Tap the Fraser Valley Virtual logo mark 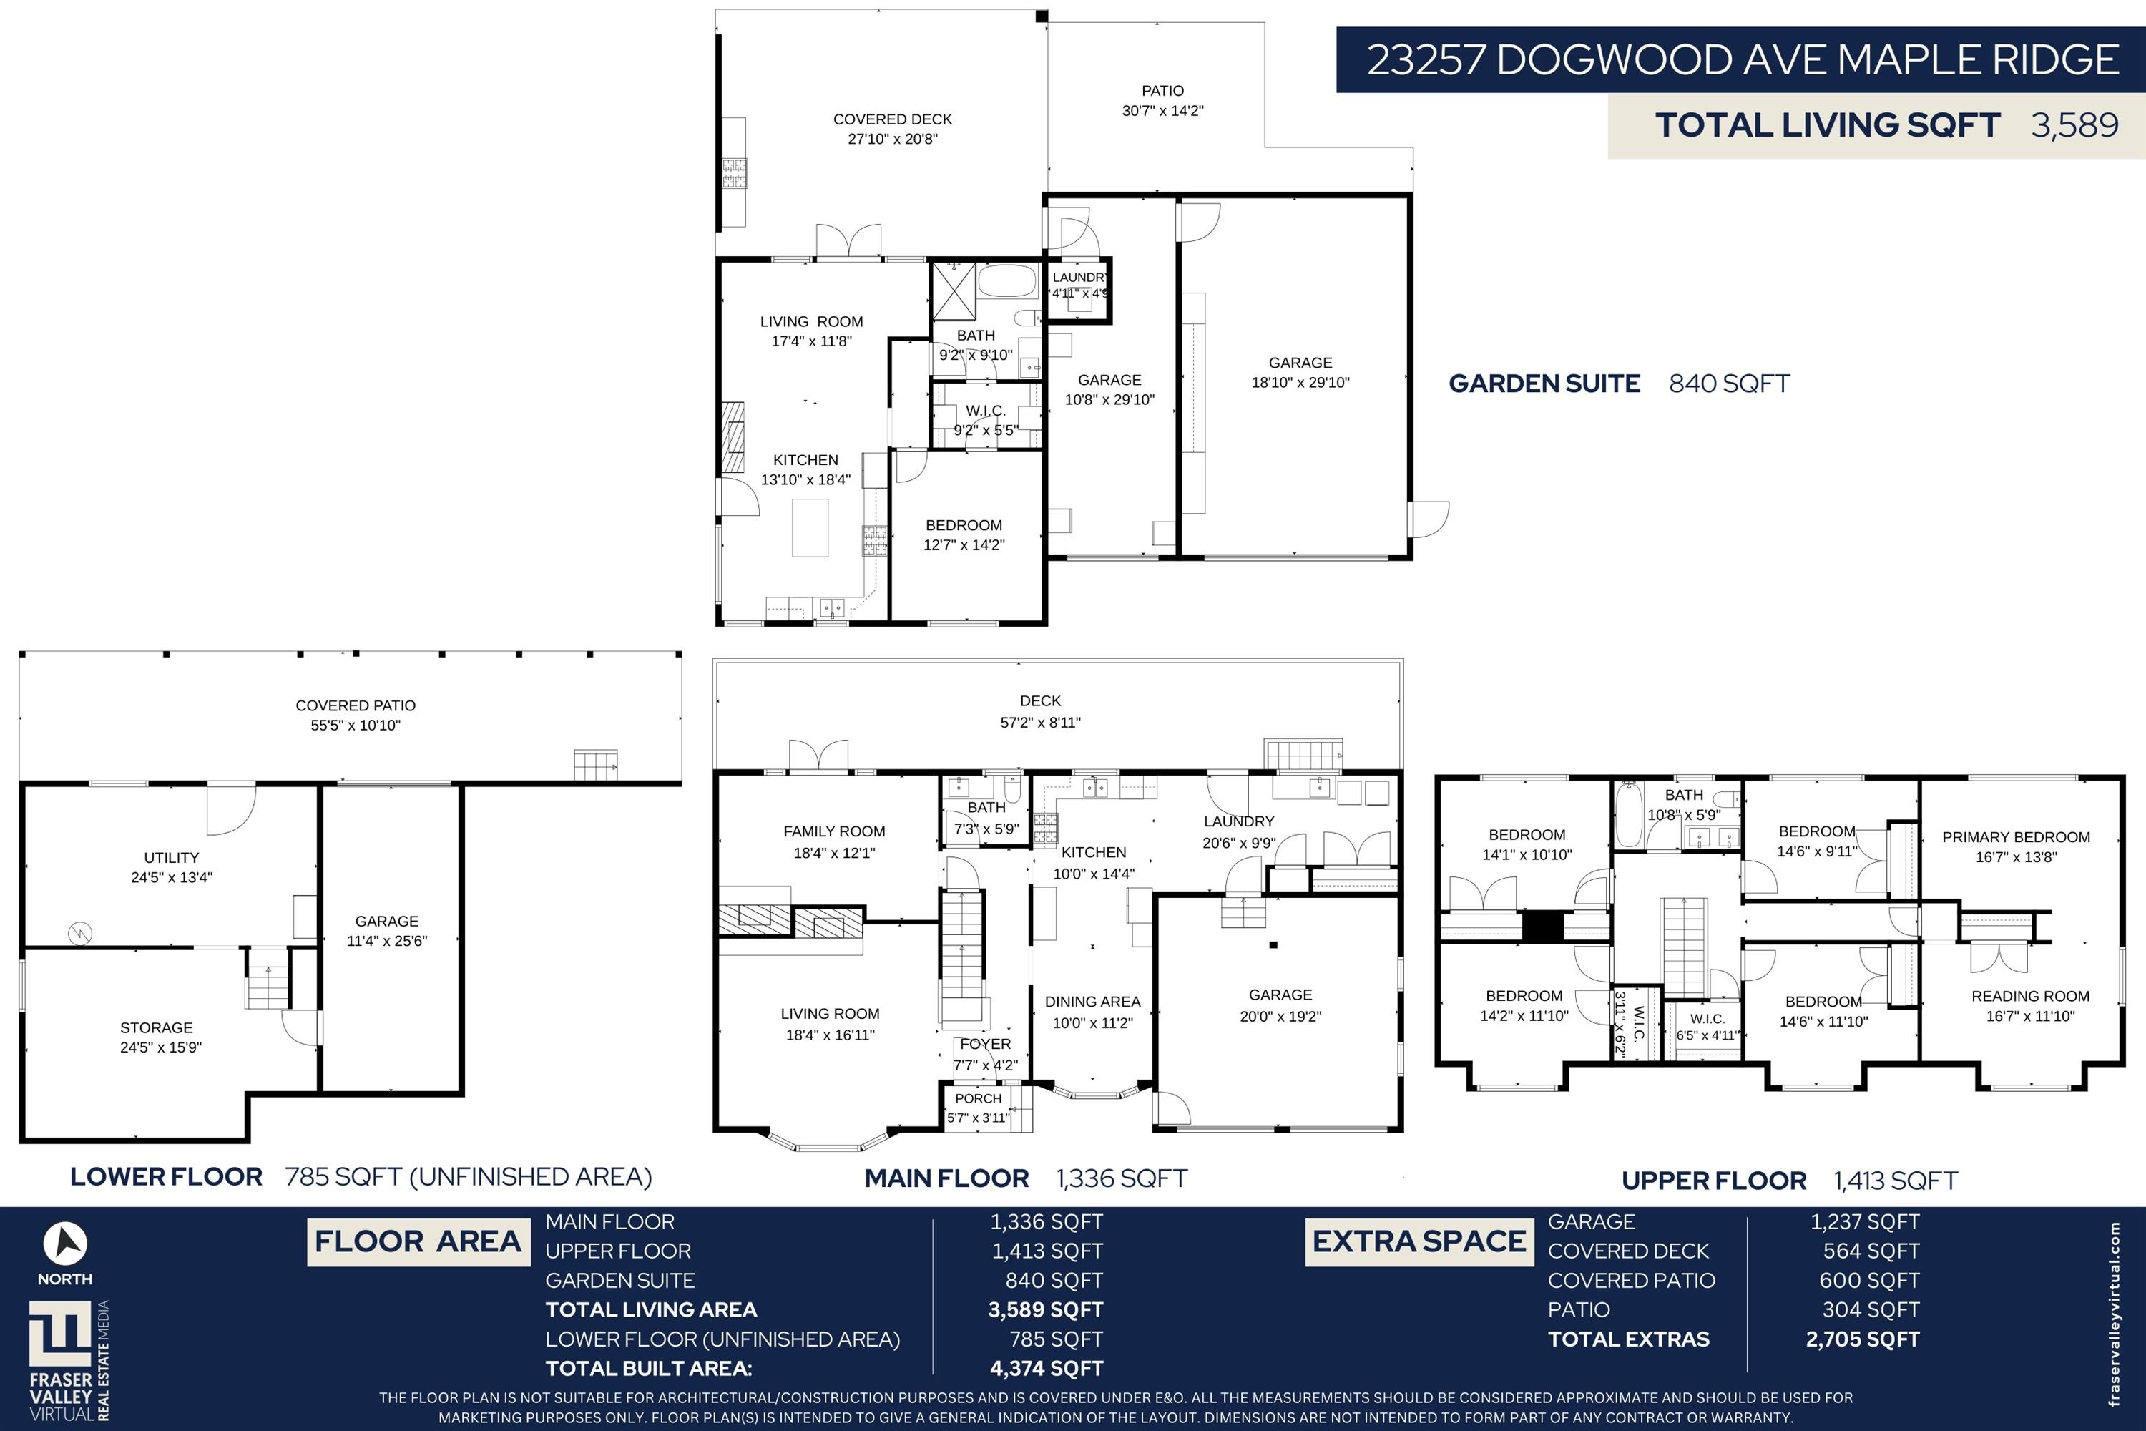click(60, 1335)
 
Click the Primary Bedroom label click(2016, 837)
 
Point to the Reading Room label click(2030, 996)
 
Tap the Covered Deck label click(892, 119)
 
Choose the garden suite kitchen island click(810, 527)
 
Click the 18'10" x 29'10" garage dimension click(1300, 382)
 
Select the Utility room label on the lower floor click(172, 858)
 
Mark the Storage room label click(156, 1027)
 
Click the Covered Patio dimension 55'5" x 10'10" click(356, 726)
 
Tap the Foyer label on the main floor click(986, 1044)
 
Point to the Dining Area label click(1092, 1002)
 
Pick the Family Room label click(834, 831)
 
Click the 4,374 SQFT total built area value click(1047, 1368)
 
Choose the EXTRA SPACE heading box click(1419, 1241)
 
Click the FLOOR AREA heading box click(418, 1241)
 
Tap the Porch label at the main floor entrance click(978, 1099)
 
